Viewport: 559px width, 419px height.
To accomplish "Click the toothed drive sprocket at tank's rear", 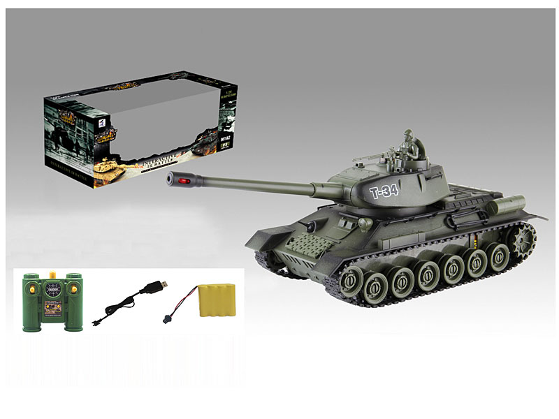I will (x=521, y=240).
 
